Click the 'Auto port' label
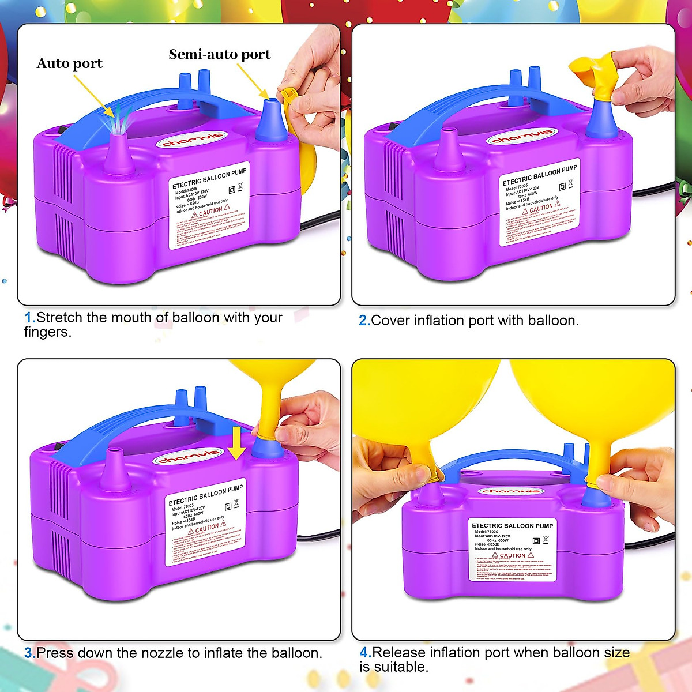pyautogui.click(x=69, y=63)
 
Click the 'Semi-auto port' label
pyautogui.click(x=219, y=55)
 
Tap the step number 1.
pyautogui.click(x=29, y=318)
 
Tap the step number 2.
pyautogui.click(x=364, y=321)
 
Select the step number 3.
pyautogui.click(x=29, y=653)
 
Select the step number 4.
pyautogui.click(x=365, y=653)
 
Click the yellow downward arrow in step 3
pyautogui.click(x=236, y=443)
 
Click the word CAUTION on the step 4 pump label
pyautogui.click(x=512, y=555)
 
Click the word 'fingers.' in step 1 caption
pyautogui.click(x=48, y=333)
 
